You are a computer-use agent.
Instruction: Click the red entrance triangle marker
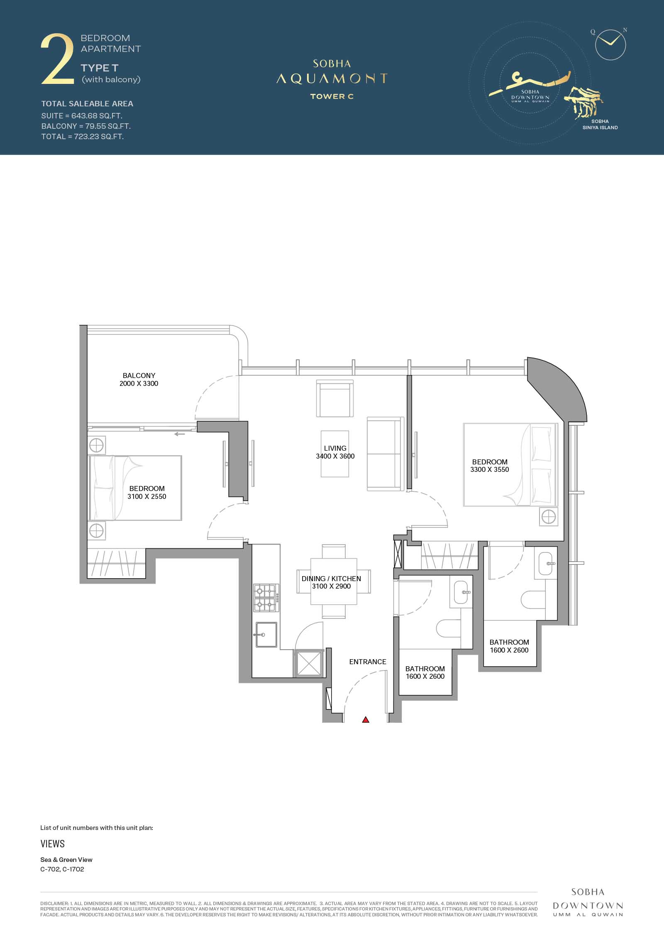[365, 719]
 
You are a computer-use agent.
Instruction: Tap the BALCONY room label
[139, 376]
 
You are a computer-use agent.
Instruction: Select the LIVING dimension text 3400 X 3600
[335, 456]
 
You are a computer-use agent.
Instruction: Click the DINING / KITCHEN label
[331, 579]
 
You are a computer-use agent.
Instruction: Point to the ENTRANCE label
[368, 662]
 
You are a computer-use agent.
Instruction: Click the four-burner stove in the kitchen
[266, 598]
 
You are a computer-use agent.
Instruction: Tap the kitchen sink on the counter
[266, 634]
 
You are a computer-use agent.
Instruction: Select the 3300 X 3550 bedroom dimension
[490, 469]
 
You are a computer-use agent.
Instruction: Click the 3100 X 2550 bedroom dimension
[147, 496]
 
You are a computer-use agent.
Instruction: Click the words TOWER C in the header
[332, 96]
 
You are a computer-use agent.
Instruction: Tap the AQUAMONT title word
[332, 79]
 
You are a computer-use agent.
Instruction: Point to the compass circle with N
[610, 44]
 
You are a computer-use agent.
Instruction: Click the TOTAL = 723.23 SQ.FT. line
[83, 137]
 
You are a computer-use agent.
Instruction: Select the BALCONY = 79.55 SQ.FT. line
[86, 126]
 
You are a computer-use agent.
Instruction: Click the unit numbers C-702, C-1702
[62, 869]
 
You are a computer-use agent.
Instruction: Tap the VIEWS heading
[53, 844]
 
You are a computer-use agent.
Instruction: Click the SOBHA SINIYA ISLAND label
[600, 125]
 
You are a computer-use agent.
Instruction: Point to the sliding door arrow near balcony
[179, 434]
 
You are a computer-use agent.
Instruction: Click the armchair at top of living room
[335, 398]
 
